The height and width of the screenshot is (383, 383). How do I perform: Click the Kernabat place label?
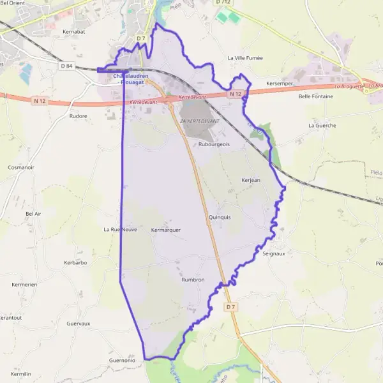(x=74, y=31)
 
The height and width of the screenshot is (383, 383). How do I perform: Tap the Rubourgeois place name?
(x=214, y=144)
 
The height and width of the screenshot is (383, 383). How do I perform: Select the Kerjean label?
(x=251, y=180)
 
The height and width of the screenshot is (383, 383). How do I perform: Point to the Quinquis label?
(x=220, y=217)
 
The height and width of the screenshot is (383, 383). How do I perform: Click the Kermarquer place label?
(x=167, y=230)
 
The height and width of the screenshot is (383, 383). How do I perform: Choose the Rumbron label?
(x=193, y=280)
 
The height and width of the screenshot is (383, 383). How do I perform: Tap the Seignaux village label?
(x=274, y=253)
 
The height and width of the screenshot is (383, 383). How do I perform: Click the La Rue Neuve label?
(x=121, y=229)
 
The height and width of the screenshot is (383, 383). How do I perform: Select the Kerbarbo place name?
(x=75, y=262)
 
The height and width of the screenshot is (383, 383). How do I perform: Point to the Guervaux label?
(x=79, y=324)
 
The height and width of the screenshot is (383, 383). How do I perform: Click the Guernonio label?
(x=123, y=360)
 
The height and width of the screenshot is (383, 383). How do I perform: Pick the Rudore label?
(x=78, y=116)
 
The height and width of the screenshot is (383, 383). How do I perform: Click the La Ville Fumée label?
(x=245, y=57)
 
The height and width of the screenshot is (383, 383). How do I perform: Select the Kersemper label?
(x=280, y=84)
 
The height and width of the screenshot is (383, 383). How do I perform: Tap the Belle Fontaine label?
(x=316, y=96)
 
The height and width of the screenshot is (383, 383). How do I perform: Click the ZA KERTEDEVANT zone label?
(x=200, y=121)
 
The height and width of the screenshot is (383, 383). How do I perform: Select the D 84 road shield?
(x=67, y=65)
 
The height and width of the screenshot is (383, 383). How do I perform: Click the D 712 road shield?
(x=223, y=3)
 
